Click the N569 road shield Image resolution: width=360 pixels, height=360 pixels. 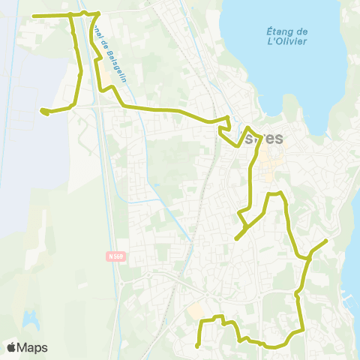click(113, 256)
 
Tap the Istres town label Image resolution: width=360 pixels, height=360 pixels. click(264, 138)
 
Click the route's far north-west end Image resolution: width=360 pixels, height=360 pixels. click(34, 16)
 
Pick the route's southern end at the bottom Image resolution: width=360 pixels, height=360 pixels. click(197, 346)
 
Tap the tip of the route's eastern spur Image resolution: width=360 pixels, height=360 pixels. click(326, 240)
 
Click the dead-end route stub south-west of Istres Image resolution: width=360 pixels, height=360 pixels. click(236, 238)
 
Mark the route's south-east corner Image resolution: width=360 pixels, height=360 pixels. click(302, 328)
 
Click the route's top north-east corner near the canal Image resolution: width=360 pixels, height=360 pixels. click(99, 13)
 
